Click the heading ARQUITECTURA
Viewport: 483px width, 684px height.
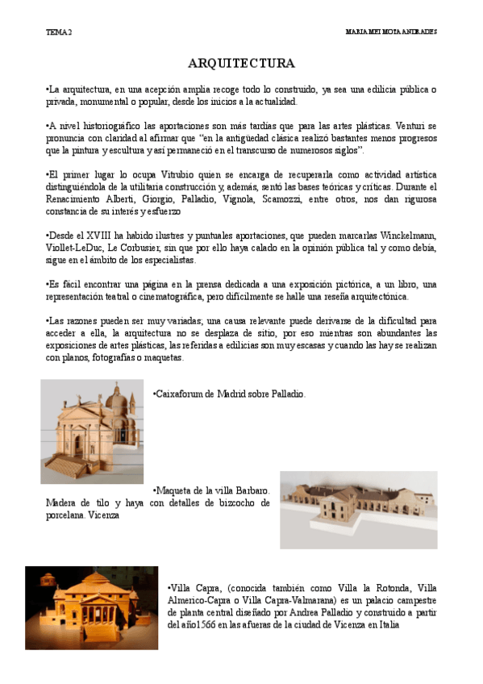tap(241, 63)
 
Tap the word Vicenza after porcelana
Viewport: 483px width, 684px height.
tap(106, 515)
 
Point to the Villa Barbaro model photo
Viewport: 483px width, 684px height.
tap(358, 510)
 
